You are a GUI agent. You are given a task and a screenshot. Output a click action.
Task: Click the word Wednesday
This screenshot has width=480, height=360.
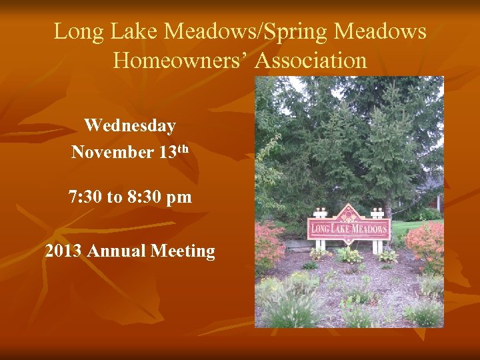[130, 125]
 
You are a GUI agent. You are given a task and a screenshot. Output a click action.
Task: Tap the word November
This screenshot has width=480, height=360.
[112, 152]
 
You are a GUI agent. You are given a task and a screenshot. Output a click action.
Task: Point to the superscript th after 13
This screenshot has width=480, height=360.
[183, 148]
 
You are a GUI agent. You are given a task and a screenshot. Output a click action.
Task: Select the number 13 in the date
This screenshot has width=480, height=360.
[167, 152]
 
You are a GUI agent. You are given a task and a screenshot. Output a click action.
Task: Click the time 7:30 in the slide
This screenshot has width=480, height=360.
[85, 197]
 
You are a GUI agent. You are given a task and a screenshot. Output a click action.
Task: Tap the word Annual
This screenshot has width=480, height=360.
[116, 251]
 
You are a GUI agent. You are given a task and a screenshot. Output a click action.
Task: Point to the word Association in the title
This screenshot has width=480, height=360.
[311, 61]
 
